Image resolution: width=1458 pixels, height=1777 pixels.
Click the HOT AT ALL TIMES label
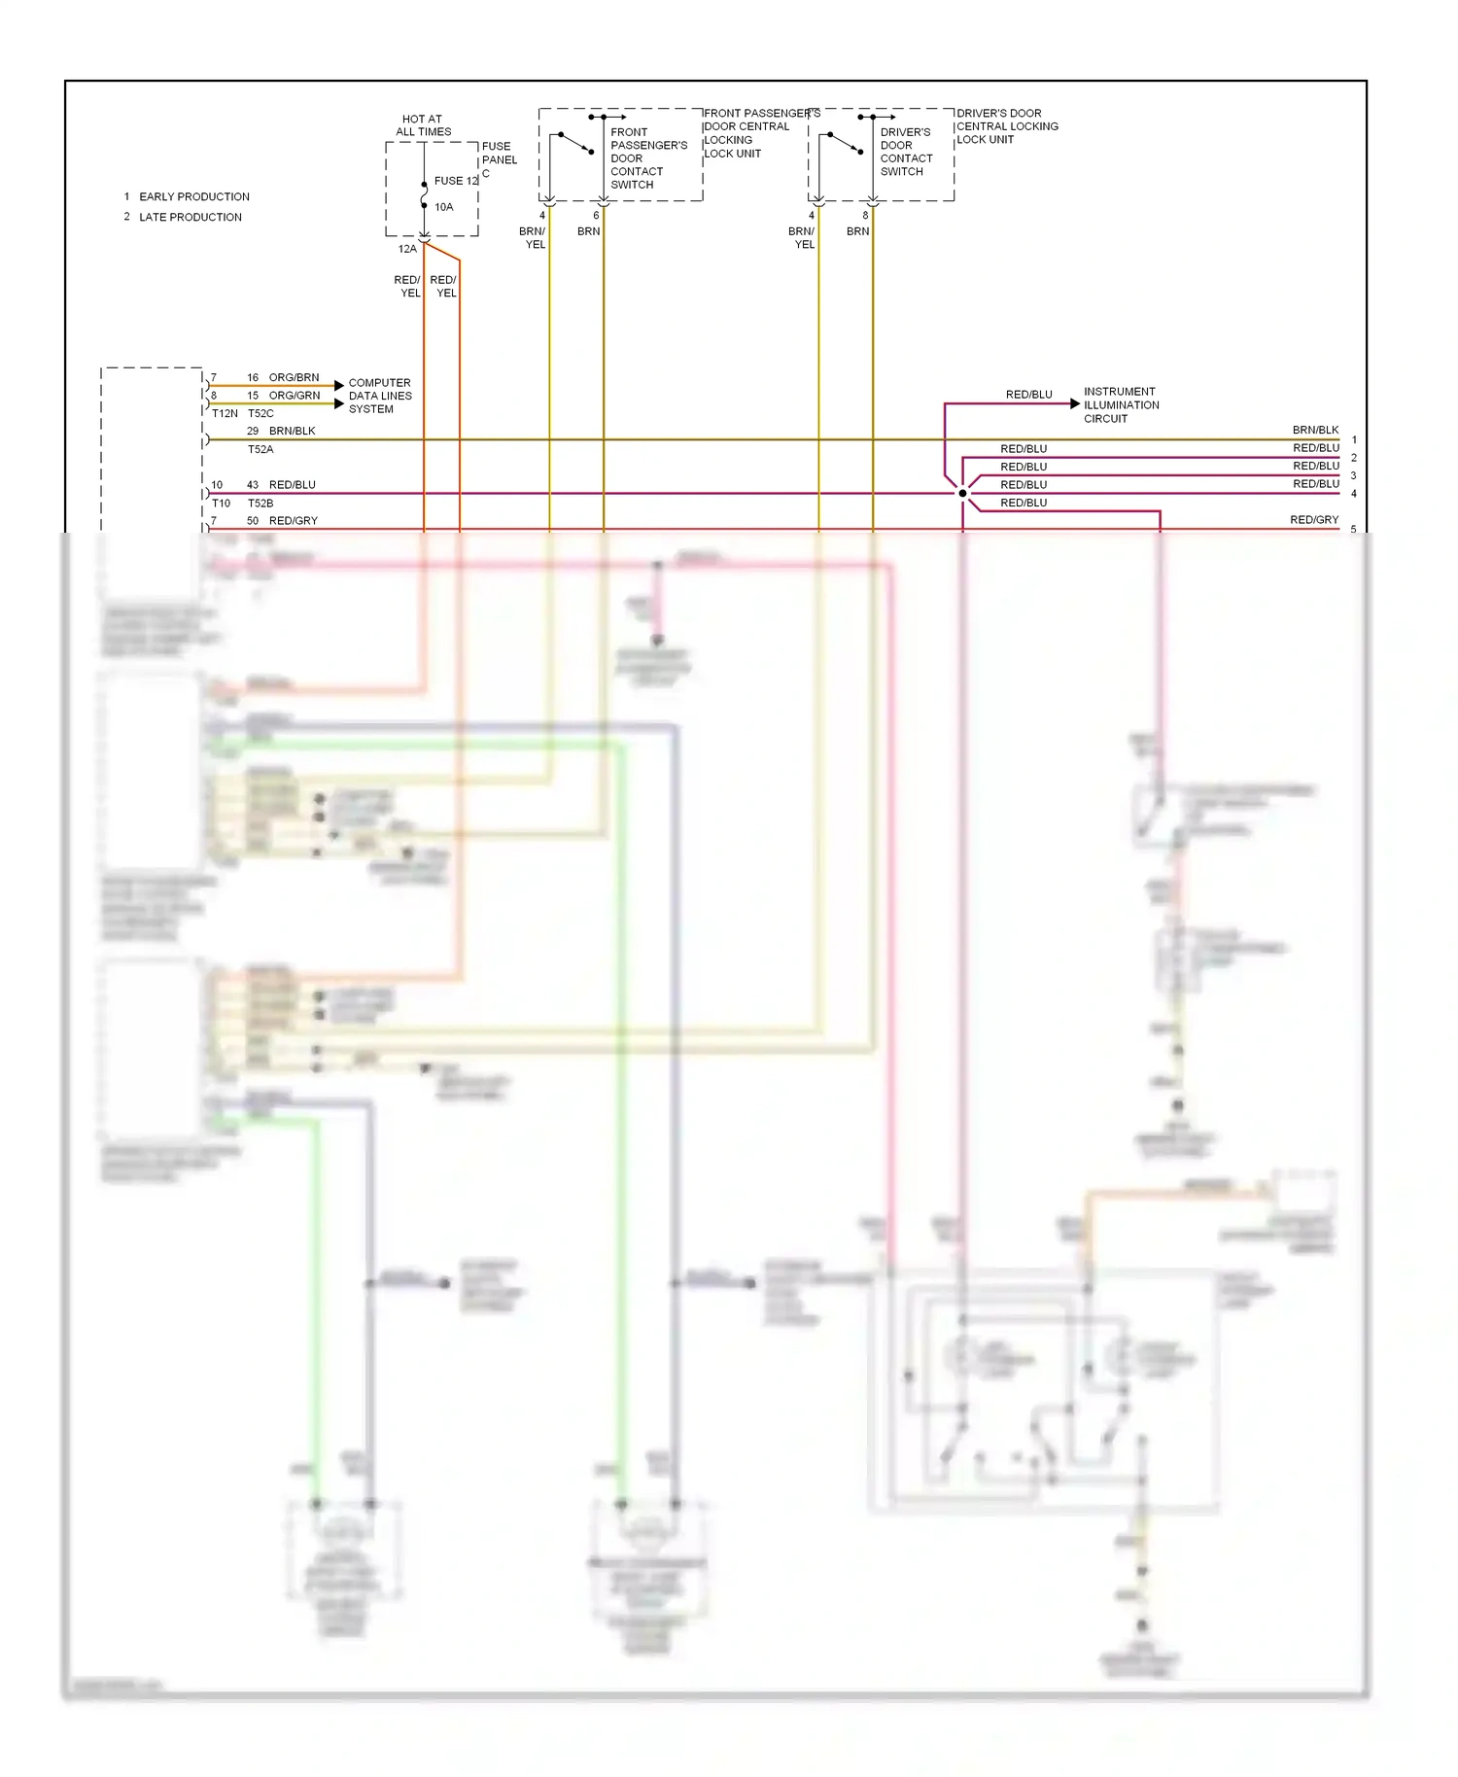(x=423, y=125)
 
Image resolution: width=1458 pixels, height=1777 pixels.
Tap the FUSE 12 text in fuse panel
(x=456, y=181)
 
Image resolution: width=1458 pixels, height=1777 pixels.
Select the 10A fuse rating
(x=443, y=207)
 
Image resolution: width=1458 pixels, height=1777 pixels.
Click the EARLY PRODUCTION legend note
(x=193, y=196)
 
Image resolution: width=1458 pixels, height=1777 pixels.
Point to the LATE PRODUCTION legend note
(x=190, y=218)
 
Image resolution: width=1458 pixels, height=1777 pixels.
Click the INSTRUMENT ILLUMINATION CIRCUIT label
(x=1121, y=405)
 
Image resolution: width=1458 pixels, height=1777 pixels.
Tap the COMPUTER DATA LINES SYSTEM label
(x=380, y=396)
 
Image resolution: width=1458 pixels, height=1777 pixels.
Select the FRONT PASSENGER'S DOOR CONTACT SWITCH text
(x=647, y=158)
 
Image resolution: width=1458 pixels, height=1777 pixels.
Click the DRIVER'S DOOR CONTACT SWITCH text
(x=906, y=152)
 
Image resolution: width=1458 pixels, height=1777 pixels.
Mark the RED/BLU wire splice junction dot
(x=962, y=494)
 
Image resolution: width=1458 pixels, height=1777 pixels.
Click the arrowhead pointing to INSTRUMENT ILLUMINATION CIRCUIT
(x=1074, y=403)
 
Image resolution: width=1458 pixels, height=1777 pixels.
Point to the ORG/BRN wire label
(x=294, y=377)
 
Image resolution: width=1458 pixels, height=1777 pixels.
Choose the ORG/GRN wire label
(x=294, y=396)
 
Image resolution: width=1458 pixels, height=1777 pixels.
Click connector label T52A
(x=260, y=450)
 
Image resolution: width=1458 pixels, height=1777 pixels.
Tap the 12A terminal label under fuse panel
(x=407, y=250)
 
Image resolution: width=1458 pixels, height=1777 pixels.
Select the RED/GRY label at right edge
(x=1314, y=520)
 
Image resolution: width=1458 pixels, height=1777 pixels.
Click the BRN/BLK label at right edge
(x=1315, y=430)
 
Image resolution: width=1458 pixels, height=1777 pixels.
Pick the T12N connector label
(x=225, y=413)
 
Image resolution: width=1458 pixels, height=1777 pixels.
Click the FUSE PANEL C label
(x=499, y=159)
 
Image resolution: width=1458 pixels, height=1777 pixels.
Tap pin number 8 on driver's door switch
(x=865, y=216)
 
